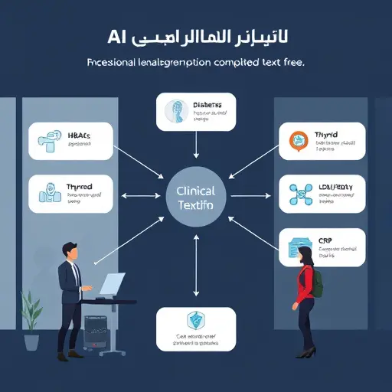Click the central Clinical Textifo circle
tap(197, 198)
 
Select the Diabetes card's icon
tap(175, 112)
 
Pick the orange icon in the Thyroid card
tap(297, 140)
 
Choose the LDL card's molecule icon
tap(297, 194)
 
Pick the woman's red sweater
tap(305, 284)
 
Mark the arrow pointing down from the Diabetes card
tap(197, 145)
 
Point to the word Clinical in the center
tap(196, 191)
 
